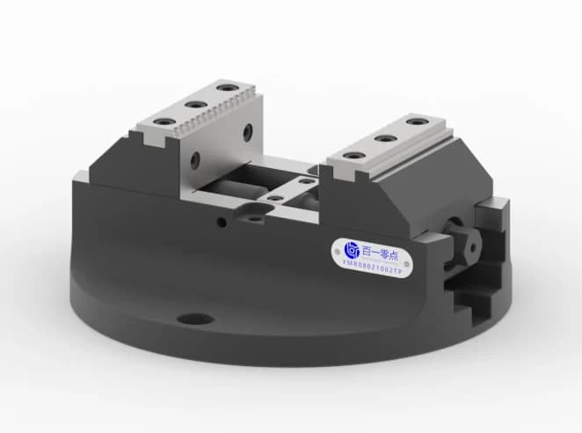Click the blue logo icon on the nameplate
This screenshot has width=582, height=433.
click(x=348, y=249)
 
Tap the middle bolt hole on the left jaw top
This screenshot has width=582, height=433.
click(x=193, y=104)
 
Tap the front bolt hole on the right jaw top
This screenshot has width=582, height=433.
click(x=353, y=156)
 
